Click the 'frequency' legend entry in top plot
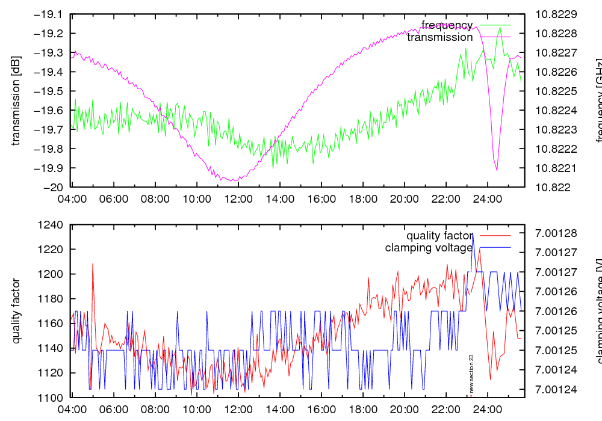[x=447, y=25]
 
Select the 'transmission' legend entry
[x=440, y=37]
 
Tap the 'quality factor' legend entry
[x=439, y=235]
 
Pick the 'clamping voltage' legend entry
[x=429, y=247]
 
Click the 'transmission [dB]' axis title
[x=16, y=100]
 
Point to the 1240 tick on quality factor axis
[x=51, y=225]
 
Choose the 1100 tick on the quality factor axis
[x=51, y=398]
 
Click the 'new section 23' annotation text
[x=471, y=373]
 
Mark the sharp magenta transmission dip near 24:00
[x=497, y=170]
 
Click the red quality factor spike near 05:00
[x=93, y=263]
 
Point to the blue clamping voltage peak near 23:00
[x=473, y=233]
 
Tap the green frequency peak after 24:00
[x=500, y=28]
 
